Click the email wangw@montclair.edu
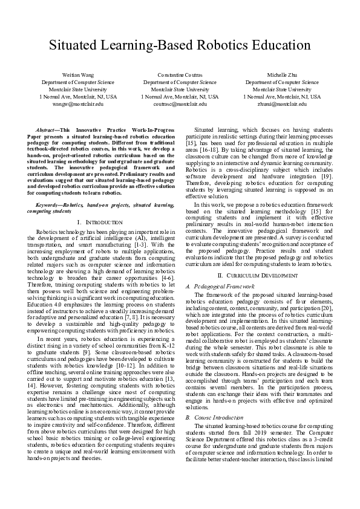coord(78,104)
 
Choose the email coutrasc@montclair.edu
coord(180,104)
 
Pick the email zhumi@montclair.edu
coord(281,104)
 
